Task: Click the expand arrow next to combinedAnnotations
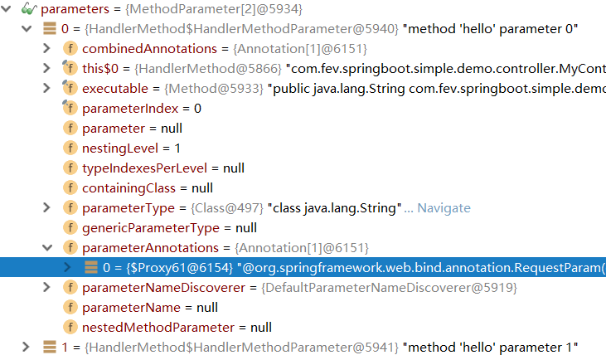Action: click(47, 49)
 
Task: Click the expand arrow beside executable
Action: click(47, 89)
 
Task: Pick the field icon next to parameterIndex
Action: click(70, 109)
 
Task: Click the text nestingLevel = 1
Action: click(131, 148)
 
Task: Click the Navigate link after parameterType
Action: click(443, 208)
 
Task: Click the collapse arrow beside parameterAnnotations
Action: click(47, 247)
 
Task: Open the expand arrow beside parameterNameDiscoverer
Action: click(47, 287)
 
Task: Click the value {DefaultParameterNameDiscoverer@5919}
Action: click(389, 287)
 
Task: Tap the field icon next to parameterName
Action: click(70, 307)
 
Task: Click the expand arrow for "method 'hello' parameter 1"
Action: click(27, 347)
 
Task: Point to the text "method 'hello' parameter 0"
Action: click(490, 29)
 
